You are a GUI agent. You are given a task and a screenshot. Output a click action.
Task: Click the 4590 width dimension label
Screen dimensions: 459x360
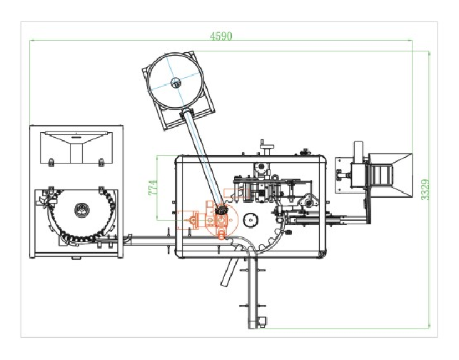(x=221, y=36)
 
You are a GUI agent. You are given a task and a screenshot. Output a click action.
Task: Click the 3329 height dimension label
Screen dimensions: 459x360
(x=425, y=189)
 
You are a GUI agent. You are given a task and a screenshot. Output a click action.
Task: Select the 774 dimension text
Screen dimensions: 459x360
(x=153, y=187)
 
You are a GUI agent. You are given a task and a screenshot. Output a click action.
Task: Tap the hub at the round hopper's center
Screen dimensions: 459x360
(x=176, y=82)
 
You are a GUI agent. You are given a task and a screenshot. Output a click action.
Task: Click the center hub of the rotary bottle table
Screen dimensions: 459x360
(x=81, y=210)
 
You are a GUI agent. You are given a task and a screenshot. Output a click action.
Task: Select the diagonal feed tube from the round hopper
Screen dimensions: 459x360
(x=202, y=158)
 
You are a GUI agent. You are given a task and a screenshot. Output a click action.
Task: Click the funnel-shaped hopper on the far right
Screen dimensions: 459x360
(x=390, y=174)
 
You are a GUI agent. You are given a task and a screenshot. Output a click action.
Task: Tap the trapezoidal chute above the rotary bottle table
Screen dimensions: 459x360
(x=76, y=148)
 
